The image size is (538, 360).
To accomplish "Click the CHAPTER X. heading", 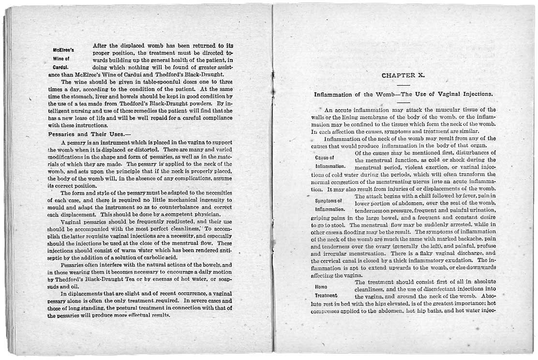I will tap(403, 75).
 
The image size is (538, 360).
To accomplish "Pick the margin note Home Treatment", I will tap(325, 290).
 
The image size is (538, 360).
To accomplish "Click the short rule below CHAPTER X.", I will tap(403, 84).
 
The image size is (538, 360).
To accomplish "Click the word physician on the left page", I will tap(194, 213).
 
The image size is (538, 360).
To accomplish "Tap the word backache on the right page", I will tap(455, 239).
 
